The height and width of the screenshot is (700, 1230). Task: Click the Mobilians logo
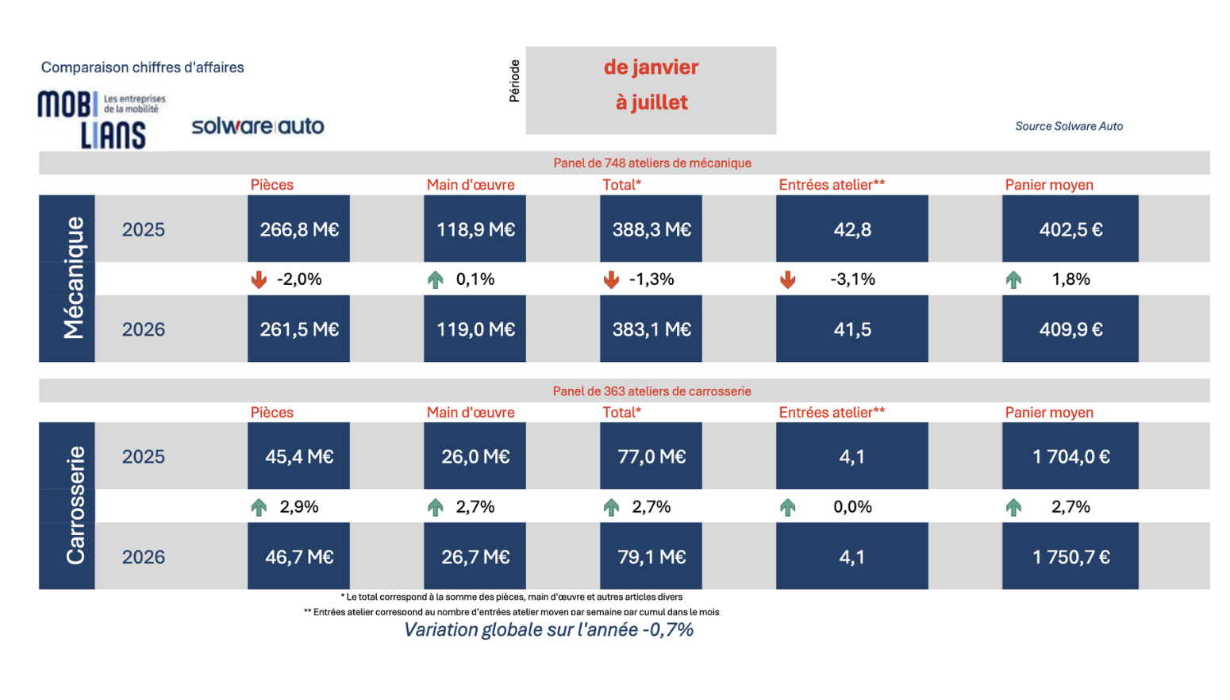[102, 120]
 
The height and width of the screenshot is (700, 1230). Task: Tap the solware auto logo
[258, 125]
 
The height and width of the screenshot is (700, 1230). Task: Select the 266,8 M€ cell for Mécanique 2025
[298, 229]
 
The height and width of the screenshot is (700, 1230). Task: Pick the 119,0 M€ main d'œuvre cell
[475, 329]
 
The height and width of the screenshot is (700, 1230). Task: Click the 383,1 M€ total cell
[652, 329]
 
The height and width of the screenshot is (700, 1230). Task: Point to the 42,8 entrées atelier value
[852, 229]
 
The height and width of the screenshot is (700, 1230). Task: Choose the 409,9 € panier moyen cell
[1070, 329]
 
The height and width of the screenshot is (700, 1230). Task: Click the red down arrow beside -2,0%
[259, 279]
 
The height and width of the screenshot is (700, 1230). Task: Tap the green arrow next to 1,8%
[1013, 279]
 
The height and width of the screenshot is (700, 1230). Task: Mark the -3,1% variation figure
[852, 279]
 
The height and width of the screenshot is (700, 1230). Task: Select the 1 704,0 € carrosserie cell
[1070, 456]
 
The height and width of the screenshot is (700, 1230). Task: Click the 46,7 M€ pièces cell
[298, 556]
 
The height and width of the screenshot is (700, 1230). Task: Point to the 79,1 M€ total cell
[652, 556]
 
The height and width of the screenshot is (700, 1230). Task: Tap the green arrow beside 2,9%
[259, 507]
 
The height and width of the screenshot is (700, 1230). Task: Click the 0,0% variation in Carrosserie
[852, 506]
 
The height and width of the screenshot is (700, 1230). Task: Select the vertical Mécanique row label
[74, 278]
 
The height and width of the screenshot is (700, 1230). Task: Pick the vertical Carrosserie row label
[75, 506]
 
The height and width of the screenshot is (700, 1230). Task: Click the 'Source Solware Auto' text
[1069, 126]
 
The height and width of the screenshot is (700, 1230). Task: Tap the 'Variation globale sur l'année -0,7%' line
[548, 629]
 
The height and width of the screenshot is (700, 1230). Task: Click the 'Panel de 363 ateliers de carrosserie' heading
[652, 391]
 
